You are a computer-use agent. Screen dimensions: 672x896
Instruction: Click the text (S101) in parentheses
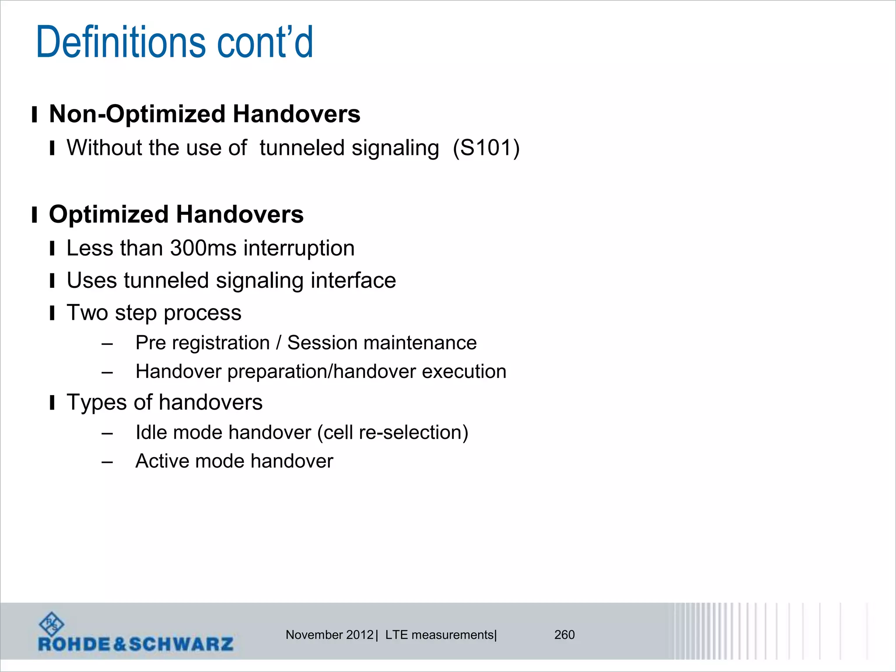(486, 148)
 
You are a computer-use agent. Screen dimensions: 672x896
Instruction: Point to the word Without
(101, 148)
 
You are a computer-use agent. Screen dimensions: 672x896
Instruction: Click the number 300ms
(203, 248)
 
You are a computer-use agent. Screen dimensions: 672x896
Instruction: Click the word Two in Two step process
(87, 313)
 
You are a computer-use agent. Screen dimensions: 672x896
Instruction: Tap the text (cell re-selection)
(392, 433)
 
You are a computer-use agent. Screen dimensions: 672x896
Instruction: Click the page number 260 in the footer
(564, 635)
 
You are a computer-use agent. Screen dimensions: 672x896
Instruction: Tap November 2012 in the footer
(329, 635)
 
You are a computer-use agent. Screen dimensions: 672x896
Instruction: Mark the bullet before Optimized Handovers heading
(34, 215)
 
